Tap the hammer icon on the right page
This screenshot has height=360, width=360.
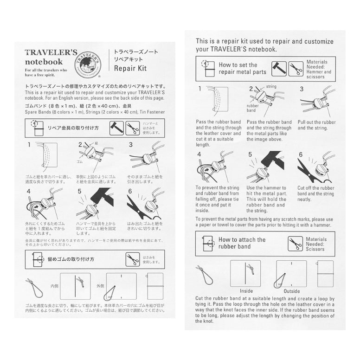281,68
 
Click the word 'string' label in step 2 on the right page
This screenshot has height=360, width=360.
271,87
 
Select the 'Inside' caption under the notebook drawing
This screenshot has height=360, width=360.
245,291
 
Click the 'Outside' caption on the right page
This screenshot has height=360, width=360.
291,291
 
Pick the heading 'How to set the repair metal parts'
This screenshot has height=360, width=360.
243,68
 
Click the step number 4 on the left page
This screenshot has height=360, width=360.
29,191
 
